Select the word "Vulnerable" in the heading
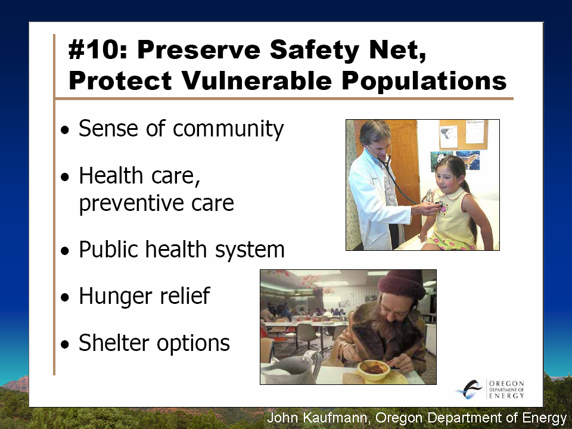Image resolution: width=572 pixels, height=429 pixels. click(257, 80)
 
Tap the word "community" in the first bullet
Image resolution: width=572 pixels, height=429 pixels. click(228, 129)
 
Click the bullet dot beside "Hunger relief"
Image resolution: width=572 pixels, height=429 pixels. click(65, 297)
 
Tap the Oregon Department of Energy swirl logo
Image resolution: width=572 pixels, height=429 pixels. click(470, 389)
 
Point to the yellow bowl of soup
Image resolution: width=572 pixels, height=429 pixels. click(374, 369)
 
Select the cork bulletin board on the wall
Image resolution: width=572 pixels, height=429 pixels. click(464, 134)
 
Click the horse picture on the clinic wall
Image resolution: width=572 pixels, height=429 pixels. click(468, 160)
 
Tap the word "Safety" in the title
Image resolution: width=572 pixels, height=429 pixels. click(315, 50)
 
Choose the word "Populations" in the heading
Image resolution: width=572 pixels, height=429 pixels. click(424, 81)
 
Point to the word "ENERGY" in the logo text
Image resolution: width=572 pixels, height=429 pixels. click(506, 396)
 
